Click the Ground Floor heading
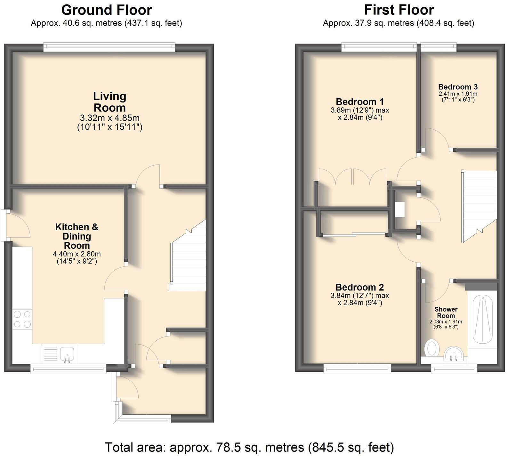(106, 10)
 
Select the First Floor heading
(399, 10)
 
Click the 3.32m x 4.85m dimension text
(109, 118)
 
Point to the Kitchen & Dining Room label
(77, 236)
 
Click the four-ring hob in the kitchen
(22, 319)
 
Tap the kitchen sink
(67, 354)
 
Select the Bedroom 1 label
(360, 102)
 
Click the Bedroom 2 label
(360, 287)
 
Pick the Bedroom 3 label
(458, 87)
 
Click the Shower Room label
(446, 312)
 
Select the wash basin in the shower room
(453, 354)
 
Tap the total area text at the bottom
(249, 447)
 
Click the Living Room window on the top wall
(109, 47)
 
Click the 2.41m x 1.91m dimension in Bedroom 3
(458, 94)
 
